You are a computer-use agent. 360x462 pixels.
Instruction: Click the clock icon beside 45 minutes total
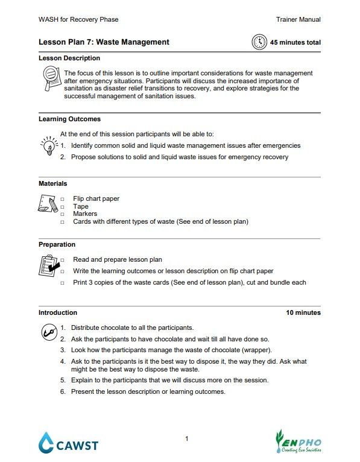(x=259, y=42)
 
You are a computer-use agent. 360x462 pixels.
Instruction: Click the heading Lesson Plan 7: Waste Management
(x=104, y=42)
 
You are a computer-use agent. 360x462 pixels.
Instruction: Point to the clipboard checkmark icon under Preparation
(x=48, y=265)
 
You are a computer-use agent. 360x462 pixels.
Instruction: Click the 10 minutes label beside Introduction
(x=303, y=312)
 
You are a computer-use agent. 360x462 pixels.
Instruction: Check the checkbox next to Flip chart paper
(x=62, y=198)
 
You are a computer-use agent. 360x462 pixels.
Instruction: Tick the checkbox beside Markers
(x=62, y=214)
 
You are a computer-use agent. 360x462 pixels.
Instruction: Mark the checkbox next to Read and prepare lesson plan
(x=62, y=260)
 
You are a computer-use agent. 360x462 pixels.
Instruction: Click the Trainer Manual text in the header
(x=298, y=20)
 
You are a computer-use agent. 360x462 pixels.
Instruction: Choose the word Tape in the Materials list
(x=80, y=206)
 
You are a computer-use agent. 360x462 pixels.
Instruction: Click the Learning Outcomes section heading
(x=69, y=119)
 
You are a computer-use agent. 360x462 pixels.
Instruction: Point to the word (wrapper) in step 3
(x=257, y=350)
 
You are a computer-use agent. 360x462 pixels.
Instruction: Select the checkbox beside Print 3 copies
(x=62, y=283)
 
